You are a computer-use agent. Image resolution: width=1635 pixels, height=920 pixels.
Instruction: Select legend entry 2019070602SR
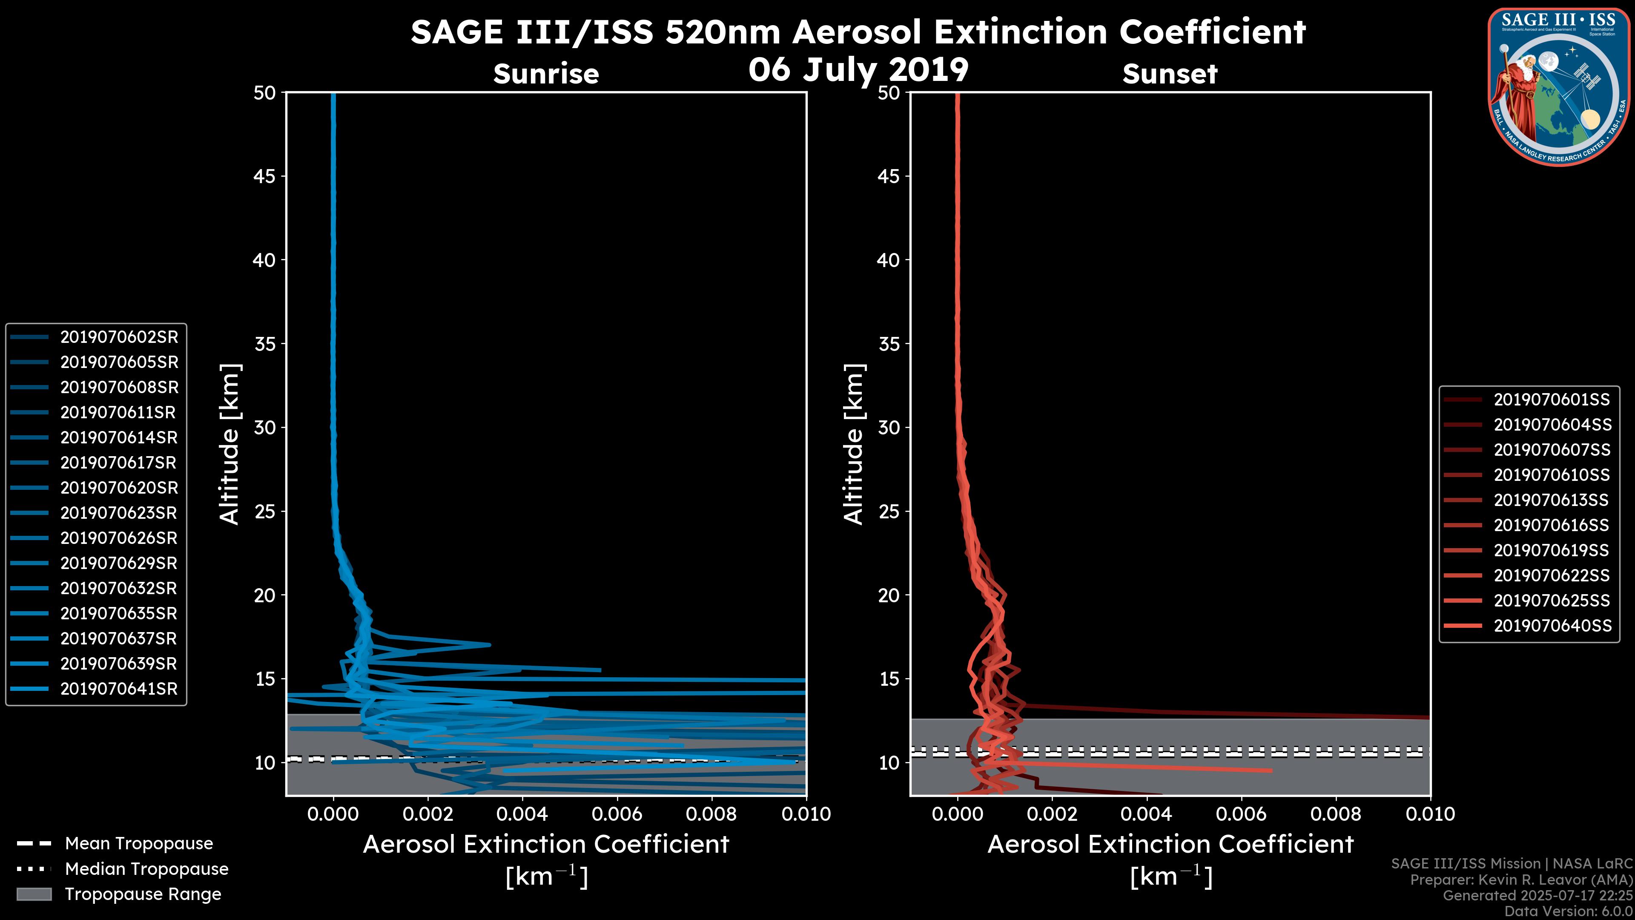point(119,337)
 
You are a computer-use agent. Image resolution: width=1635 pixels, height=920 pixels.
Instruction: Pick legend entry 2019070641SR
point(119,689)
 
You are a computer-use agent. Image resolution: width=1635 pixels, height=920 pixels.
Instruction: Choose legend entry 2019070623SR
point(119,513)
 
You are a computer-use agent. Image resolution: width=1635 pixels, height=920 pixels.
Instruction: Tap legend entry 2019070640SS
point(1552,625)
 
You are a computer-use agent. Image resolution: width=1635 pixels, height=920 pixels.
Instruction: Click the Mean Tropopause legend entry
point(138,843)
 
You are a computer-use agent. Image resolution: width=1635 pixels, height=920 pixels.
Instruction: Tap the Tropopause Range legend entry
point(143,894)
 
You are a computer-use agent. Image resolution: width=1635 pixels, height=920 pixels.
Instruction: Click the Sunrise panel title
point(546,74)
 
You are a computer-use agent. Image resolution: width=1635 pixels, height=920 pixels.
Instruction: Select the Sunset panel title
point(1170,74)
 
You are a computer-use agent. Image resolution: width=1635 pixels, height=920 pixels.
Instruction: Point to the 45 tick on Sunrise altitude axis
point(265,176)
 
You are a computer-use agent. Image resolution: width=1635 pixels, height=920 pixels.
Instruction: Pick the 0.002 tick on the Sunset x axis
point(1053,814)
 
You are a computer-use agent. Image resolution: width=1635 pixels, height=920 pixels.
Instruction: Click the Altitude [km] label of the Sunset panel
point(854,444)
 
